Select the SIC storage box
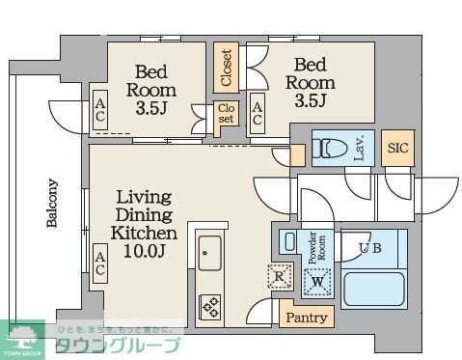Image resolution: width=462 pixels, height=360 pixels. click(x=397, y=148)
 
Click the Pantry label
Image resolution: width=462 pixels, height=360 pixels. click(x=305, y=317)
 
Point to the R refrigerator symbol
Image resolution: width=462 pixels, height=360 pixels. click(x=278, y=276)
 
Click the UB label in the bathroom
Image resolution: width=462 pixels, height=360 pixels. click(x=371, y=248)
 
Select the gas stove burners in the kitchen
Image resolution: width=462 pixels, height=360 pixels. click(x=209, y=306)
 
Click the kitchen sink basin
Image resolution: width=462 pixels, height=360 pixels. click(x=209, y=256)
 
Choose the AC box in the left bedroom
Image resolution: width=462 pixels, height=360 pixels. click(x=100, y=113)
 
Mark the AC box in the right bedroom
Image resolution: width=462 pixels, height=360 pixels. click(x=258, y=114)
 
